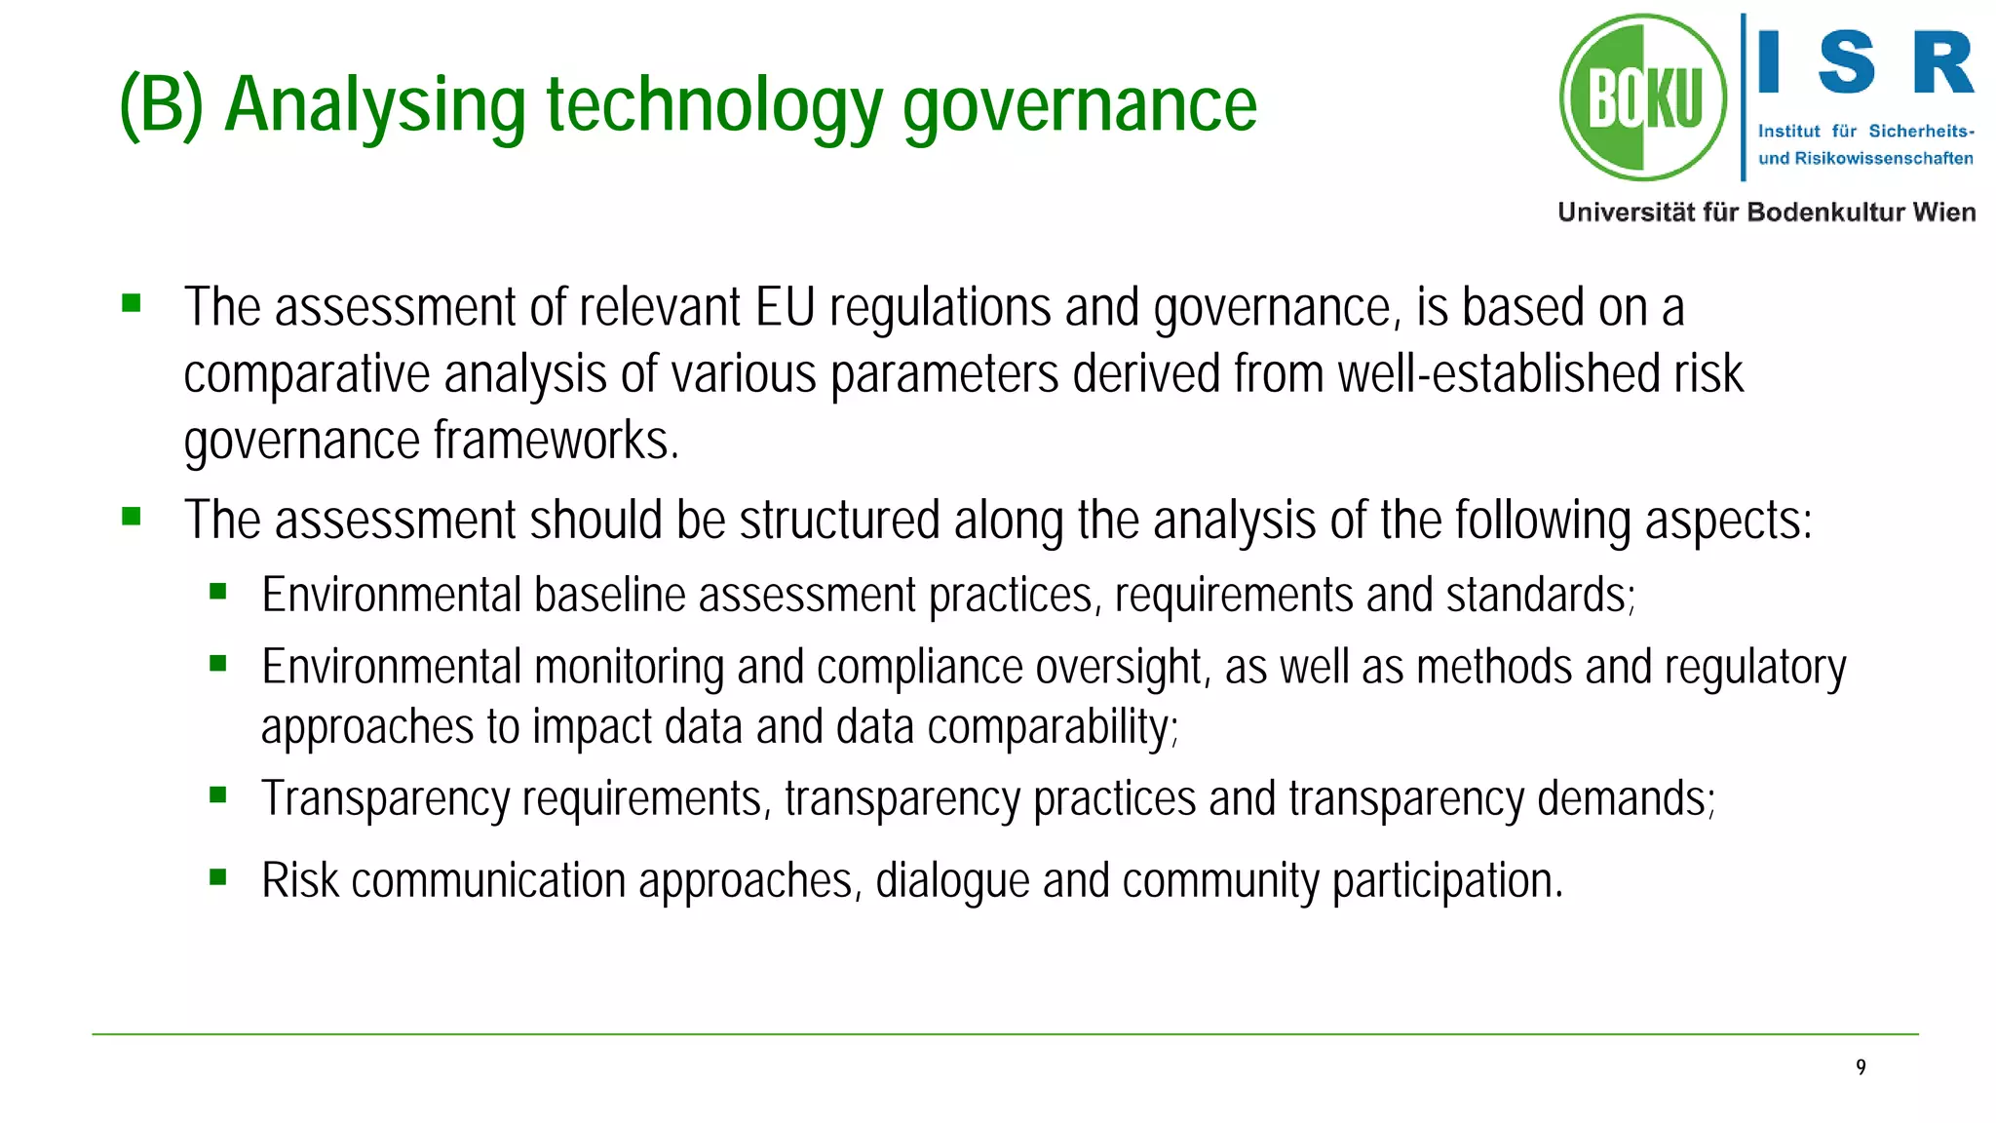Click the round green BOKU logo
(x=1643, y=97)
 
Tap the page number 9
(x=1861, y=1067)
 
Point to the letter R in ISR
(x=1942, y=62)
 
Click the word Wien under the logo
(x=1943, y=213)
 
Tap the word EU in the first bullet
(x=785, y=308)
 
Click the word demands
(x=1626, y=798)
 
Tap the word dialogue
(x=951, y=880)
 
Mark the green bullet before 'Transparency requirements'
(x=218, y=795)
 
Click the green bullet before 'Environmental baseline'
(x=218, y=591)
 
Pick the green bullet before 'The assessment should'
(x=132, y=516)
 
